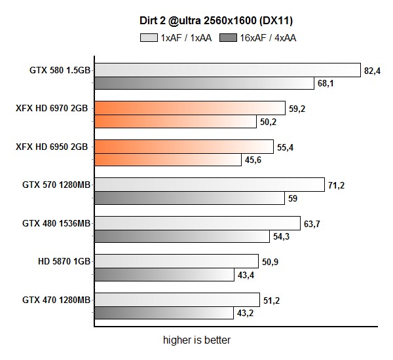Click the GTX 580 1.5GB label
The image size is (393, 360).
(x=57, y=70)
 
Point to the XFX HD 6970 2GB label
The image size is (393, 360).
(x=52, y=108)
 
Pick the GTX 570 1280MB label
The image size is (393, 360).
(x=55, y=185)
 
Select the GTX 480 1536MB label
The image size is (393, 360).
(x=55, y=223)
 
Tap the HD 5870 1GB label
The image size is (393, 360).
(x=64, y=261)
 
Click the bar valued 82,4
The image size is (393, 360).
(x=227, y=70)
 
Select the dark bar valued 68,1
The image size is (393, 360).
(x=204, y=83)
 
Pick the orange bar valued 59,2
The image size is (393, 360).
(x=189, y=108)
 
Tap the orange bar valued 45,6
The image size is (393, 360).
(x=168, y=160)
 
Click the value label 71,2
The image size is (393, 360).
(x=335, y=186)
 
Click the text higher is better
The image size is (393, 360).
(x=197, y=340)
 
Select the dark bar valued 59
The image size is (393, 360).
(x=189, y=198)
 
